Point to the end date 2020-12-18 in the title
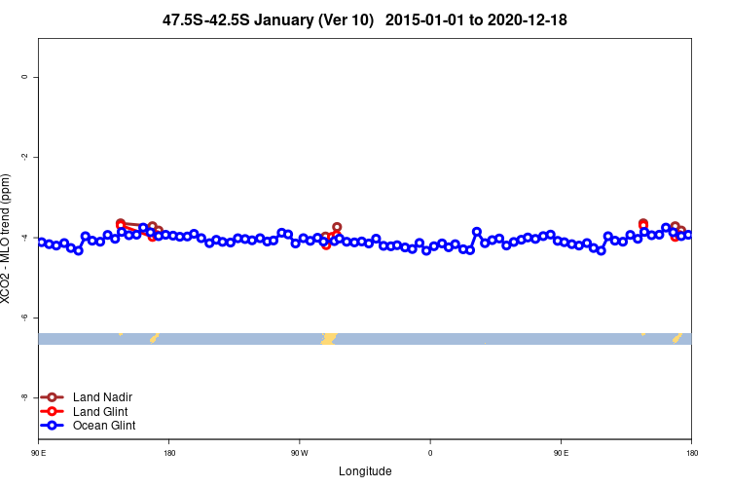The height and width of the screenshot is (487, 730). (533, 19)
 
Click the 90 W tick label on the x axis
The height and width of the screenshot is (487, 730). (299, 453)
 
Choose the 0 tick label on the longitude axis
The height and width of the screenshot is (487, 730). (430, 453)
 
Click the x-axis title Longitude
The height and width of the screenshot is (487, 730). (365, 471)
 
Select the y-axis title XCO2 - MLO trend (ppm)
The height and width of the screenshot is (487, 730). (9, 239)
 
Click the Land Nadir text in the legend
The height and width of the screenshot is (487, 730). (102, 397)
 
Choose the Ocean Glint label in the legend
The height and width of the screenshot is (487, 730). (104, 426)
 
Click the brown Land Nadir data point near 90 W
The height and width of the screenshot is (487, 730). (337, 227)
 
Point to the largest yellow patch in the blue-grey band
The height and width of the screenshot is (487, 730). (329, 338)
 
